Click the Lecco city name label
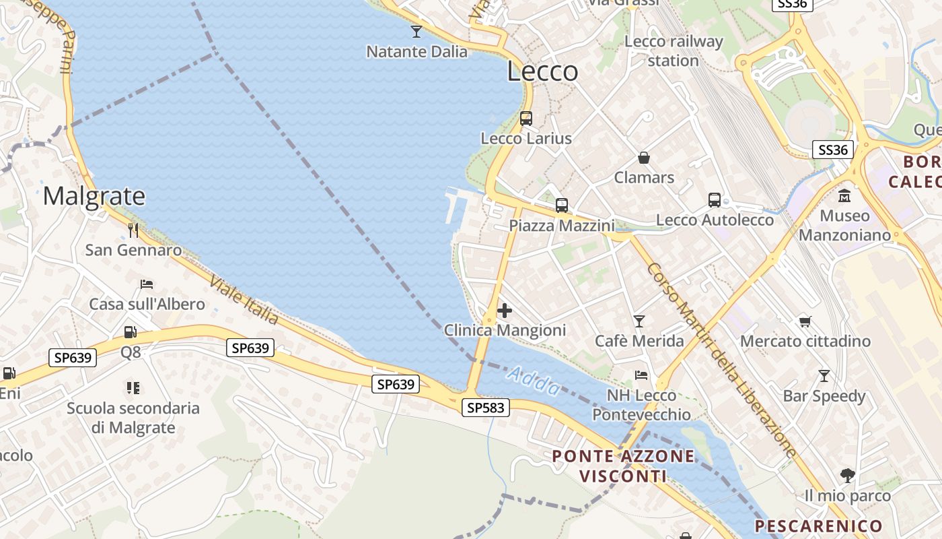click(x=542, y=71)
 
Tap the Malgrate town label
click(x=94, y=196)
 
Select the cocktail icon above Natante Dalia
click(x=416, y=31)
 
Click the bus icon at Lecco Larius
click(x=526, y=119)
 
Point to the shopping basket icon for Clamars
click(x=644, y=158)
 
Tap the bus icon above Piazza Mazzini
click(x=562, y=205)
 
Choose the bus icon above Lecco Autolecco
click(x=715, y=200)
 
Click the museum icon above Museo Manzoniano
click(x=844, y=196)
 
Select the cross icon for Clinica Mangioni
click(x=504, y=311)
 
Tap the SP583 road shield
click(x=486, y=407)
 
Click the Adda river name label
click(x=533, y=381)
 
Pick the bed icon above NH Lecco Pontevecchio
click(x=641, y=375)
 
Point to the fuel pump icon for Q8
click(x=131, y=332)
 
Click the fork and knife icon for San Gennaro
click(x=133, y=230)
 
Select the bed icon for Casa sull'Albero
click(x=147, y=284)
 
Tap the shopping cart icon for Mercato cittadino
click(x=805, y=321)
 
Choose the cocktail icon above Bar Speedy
click(x=824, y=375)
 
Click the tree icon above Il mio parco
click(x=848, y=476)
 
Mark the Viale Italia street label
click(x=244, y=299)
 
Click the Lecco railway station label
click(x=674, y=51)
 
